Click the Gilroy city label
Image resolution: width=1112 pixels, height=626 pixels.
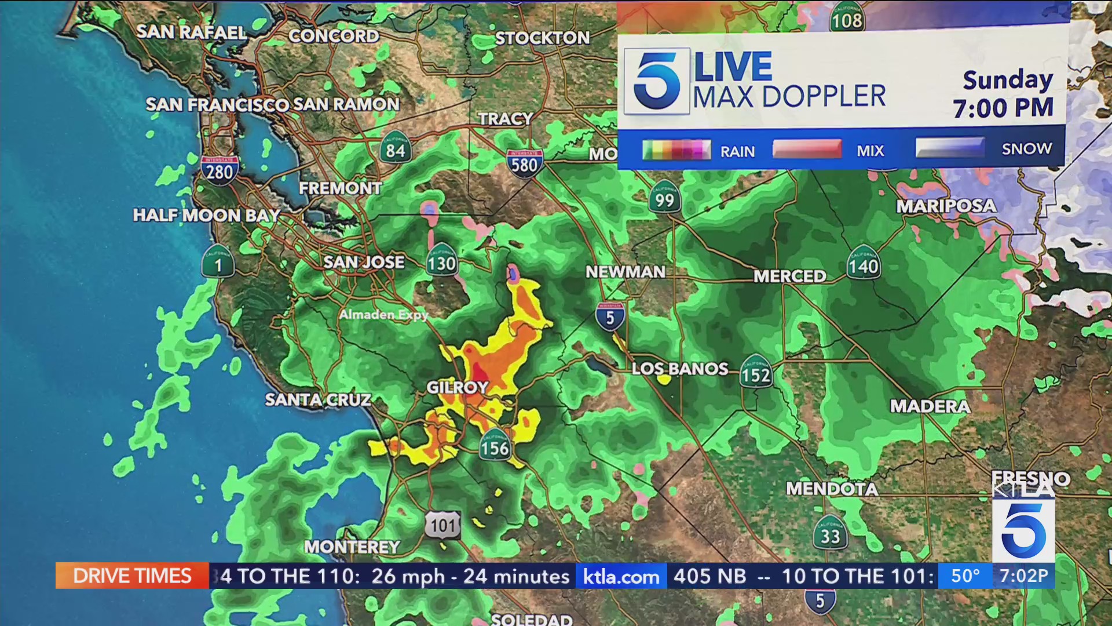(x=457, y=387)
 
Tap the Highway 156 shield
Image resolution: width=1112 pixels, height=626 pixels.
(x=495, y=446)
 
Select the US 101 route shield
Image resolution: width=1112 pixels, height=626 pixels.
(x=444, y=525)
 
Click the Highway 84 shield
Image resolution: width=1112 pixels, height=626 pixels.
(x=396, y=149)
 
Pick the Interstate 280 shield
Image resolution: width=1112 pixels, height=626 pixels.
(x=220, y=170)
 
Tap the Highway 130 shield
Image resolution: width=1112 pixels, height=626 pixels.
(x=441, y=262)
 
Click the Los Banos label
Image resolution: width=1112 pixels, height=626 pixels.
(x=679, y=369)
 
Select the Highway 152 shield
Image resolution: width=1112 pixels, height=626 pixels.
(x=756, y=374)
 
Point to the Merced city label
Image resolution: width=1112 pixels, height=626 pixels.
(x=789, y=276)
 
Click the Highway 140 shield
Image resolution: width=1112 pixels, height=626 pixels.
(x=863, y=264)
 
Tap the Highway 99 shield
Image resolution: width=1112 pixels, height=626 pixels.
(x=664, y=198)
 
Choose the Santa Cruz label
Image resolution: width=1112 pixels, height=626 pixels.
(x=318, y=399)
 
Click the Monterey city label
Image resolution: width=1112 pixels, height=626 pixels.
(x=352, y=547)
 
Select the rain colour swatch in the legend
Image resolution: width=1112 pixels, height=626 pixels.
(x=676, y=150)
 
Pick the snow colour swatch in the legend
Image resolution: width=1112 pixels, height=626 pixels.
(x=950, y=148)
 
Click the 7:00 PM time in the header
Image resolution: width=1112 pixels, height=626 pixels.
(x=1003, y=108)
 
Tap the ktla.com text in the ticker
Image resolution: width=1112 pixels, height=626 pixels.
(x=621, y=576)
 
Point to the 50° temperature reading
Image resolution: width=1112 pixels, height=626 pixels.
(x=965, y=576)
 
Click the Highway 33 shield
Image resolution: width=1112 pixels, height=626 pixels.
(x=830, y=534)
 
